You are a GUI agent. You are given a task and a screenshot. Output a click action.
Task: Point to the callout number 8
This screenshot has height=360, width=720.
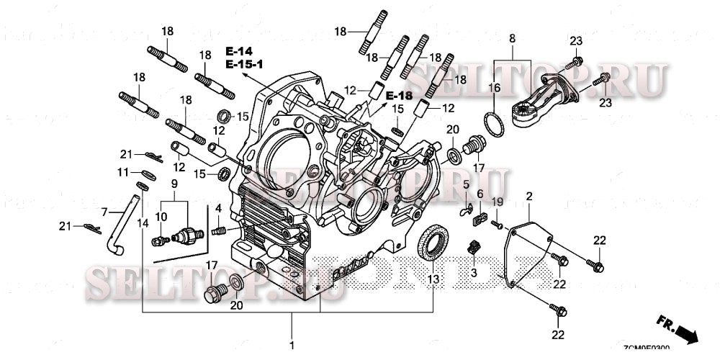point(512,37)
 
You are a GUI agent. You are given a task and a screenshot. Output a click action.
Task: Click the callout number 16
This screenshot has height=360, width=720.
point(494,87)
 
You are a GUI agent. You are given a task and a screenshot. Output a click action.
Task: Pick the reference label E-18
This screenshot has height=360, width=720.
point(398,96)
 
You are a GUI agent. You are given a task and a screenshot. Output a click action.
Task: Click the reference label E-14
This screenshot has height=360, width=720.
point(239,51)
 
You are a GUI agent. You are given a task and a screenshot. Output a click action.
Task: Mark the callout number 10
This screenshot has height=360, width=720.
point(161,216)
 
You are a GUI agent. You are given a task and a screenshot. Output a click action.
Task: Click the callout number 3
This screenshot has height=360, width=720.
point(474,273)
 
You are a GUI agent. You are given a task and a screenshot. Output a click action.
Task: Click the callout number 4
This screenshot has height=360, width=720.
point(217,209)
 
